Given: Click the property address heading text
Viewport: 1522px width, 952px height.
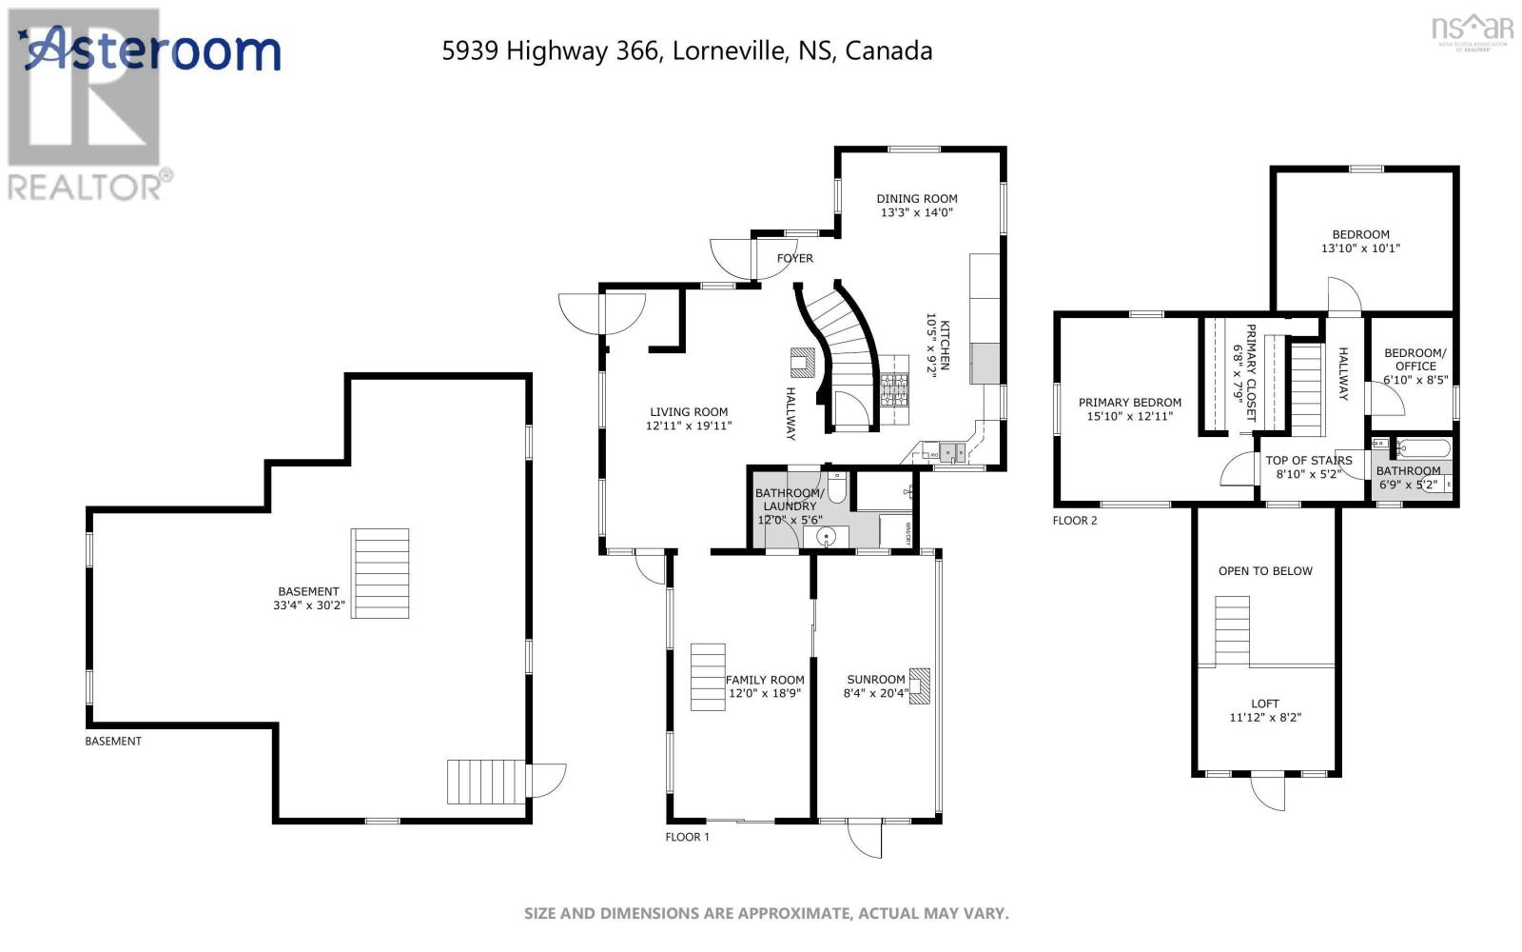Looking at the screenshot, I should tap(687, 50).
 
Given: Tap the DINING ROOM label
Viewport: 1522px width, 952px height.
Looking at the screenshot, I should tap(917, 199).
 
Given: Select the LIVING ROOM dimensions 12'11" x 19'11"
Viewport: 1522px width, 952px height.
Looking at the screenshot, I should tap(689, 426).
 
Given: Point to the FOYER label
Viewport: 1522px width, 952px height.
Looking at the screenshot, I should tap(795, 258).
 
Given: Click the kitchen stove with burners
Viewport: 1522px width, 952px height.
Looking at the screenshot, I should tap(894, 388).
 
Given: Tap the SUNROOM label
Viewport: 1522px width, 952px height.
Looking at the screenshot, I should tap(876, 680).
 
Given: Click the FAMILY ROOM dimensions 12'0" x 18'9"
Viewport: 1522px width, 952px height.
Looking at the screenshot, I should tap(765, 693).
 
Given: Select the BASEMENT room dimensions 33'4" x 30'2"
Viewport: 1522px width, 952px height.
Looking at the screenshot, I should tap(308, 605).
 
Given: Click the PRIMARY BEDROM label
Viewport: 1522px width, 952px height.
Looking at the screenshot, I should tap(1130, 403).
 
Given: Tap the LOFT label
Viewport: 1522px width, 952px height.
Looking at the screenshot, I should tap(1265, 704).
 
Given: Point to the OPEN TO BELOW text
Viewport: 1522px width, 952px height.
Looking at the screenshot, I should tap(1265, 571).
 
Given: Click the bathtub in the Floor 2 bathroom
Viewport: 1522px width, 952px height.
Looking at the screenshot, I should tap(1424, 447).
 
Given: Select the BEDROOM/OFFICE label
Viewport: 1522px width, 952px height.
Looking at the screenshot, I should tap(1415, 359).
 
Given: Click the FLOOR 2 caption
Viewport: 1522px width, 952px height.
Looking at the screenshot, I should tap(1075, 521).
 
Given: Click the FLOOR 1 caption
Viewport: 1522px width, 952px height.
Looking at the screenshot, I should tap(687, 837).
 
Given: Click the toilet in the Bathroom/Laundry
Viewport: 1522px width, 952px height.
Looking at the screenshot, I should tap(837, 487).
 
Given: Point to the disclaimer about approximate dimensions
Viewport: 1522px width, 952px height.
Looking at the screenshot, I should tap(766, 913).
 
